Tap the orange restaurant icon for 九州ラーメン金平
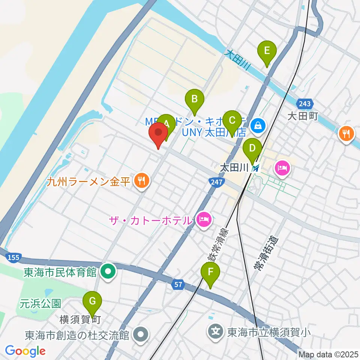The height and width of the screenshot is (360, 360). [141, 181]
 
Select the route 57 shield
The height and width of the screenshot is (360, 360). [178, 285]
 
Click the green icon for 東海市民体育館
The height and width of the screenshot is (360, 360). [108, 271]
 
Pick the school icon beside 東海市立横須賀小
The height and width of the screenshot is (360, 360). [216, 331]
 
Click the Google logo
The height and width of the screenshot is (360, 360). [25, 351]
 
